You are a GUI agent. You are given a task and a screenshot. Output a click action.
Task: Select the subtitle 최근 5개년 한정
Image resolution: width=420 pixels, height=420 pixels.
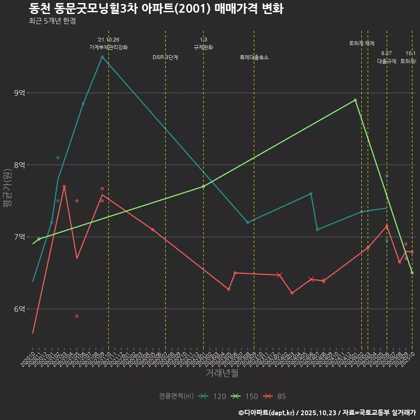click(x=52, y=21)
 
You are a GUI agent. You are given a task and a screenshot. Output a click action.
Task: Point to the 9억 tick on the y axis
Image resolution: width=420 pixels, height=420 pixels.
click(x=20, y=93)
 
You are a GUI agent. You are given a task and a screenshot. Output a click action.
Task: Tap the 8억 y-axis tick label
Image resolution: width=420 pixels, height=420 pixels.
click(x=20, y=165)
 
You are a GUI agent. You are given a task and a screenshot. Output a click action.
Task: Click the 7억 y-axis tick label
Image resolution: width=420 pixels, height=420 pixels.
click(x=20, y=237)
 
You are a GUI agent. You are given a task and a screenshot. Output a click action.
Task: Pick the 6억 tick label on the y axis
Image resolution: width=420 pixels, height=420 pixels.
click(x=20, y=309)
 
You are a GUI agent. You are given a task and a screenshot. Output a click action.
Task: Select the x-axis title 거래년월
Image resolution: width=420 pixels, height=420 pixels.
click(x=222, y=373)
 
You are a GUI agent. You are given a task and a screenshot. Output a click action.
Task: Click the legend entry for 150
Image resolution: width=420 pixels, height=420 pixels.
click(x=245, y=396)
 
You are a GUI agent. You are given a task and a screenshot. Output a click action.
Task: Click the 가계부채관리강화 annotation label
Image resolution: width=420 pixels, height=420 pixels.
click(x=108, y=47)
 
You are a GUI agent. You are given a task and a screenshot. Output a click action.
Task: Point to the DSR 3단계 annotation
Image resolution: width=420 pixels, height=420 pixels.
click(x=165, y=57)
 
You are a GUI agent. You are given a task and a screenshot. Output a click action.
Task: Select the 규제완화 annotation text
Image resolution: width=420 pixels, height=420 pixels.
click(x=203, y=47)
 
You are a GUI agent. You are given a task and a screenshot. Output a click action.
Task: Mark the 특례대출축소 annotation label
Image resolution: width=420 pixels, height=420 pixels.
click(x=254, y=57)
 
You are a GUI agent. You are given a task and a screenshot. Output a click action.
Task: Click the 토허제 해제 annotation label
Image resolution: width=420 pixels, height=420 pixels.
click(x=362, y=43)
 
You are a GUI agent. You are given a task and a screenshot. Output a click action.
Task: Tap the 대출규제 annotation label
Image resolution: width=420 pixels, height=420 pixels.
click(x=387, y=61)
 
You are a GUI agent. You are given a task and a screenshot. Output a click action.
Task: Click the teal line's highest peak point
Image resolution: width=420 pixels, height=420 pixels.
click(x=102, y=57)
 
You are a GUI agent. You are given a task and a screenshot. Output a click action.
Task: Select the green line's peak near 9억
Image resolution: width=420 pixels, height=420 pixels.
click(x=355, y=100)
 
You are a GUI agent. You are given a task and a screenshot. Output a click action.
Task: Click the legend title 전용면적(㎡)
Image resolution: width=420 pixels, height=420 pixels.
click(x=176, y=396)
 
